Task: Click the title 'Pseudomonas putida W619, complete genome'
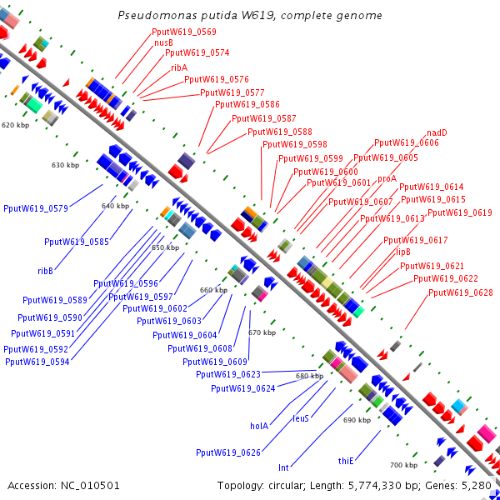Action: tap(250, 16)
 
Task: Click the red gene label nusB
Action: tap(163, 42)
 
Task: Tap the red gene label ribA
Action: tap(179, 67)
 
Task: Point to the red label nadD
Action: tap(437, 132)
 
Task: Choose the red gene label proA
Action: tap(387, 178)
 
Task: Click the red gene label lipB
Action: tap(403, 251)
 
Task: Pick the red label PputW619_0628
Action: tap(461, 292)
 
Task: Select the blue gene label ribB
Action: tap(45, 271)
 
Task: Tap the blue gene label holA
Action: tap(259, 426)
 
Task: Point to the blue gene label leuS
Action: tap(301, 418)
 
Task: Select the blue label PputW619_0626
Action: tap(228, 452)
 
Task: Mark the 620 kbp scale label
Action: tap(15, 125)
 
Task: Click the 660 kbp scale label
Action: tap(213, 290)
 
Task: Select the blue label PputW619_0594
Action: tap(37, 362)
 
